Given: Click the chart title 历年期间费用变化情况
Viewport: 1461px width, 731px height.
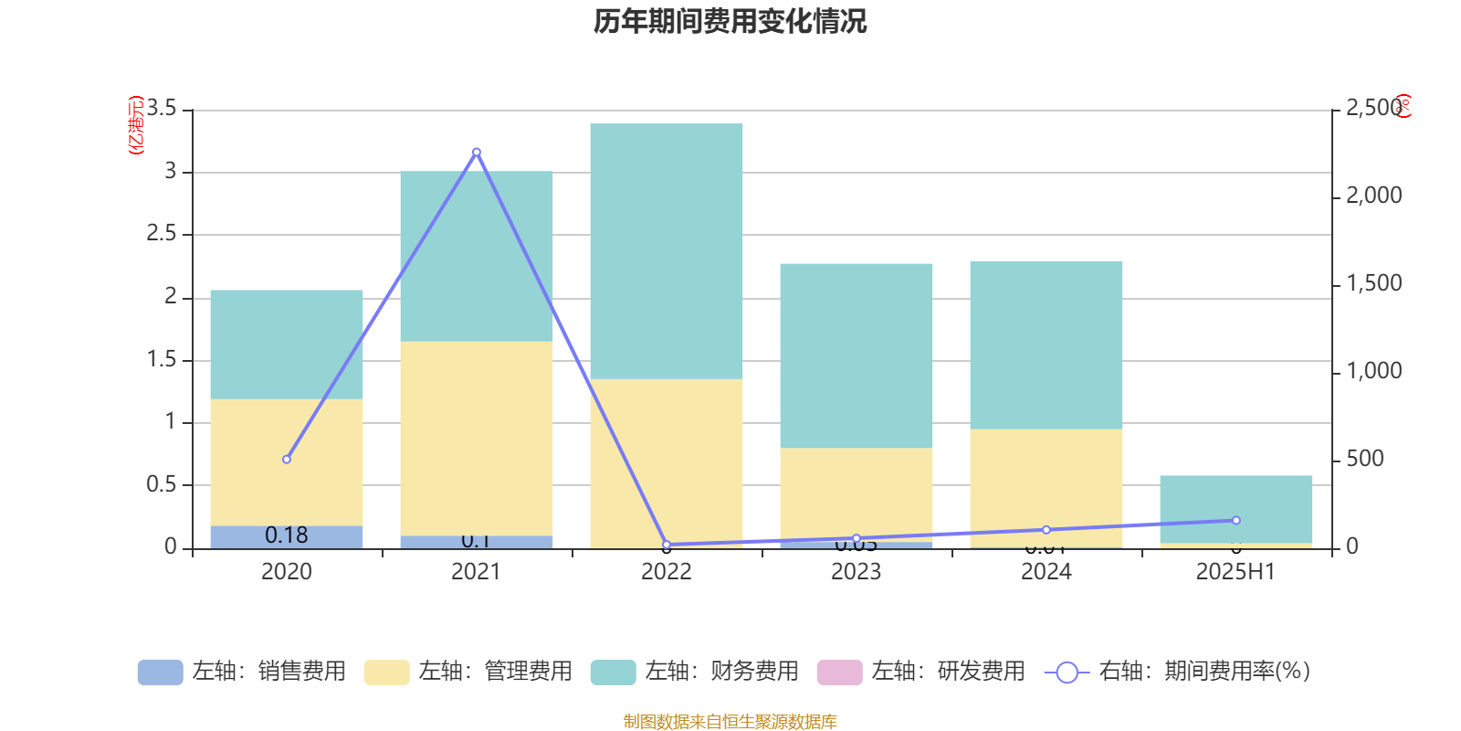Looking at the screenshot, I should pos(730,21).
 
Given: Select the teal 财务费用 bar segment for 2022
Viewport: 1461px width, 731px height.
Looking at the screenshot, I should pos(667,251).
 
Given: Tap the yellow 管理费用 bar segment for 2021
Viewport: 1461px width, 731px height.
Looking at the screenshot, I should pos(477,439).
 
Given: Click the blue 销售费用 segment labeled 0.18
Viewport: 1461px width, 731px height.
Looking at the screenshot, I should pos(287,536).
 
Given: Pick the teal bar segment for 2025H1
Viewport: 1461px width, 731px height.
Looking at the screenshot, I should pos(1236,509).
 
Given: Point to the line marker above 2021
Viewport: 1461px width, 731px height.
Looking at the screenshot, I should pos(477,153).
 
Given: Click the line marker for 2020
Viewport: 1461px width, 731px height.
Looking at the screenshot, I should pos(287,460).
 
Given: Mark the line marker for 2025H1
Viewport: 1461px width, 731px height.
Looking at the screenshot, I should pos(1236,521).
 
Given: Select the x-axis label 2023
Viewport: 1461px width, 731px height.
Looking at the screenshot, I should pos(856,572).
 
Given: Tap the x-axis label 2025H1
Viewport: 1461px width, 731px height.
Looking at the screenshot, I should pos(1235,572).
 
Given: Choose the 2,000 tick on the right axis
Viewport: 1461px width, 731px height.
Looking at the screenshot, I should pos(1373,196).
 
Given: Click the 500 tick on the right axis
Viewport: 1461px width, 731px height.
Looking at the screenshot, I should pos(1364,459).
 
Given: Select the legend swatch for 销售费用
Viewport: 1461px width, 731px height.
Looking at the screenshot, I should pos(160,673).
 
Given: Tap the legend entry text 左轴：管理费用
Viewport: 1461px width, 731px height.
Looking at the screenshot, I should pos(495,672).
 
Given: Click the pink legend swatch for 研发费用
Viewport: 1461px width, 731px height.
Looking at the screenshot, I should pos(839,673).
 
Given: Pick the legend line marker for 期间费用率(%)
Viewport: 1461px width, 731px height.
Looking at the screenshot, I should pos(1067,673).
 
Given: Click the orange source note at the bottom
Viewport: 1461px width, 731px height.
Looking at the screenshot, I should pos(730,722).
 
